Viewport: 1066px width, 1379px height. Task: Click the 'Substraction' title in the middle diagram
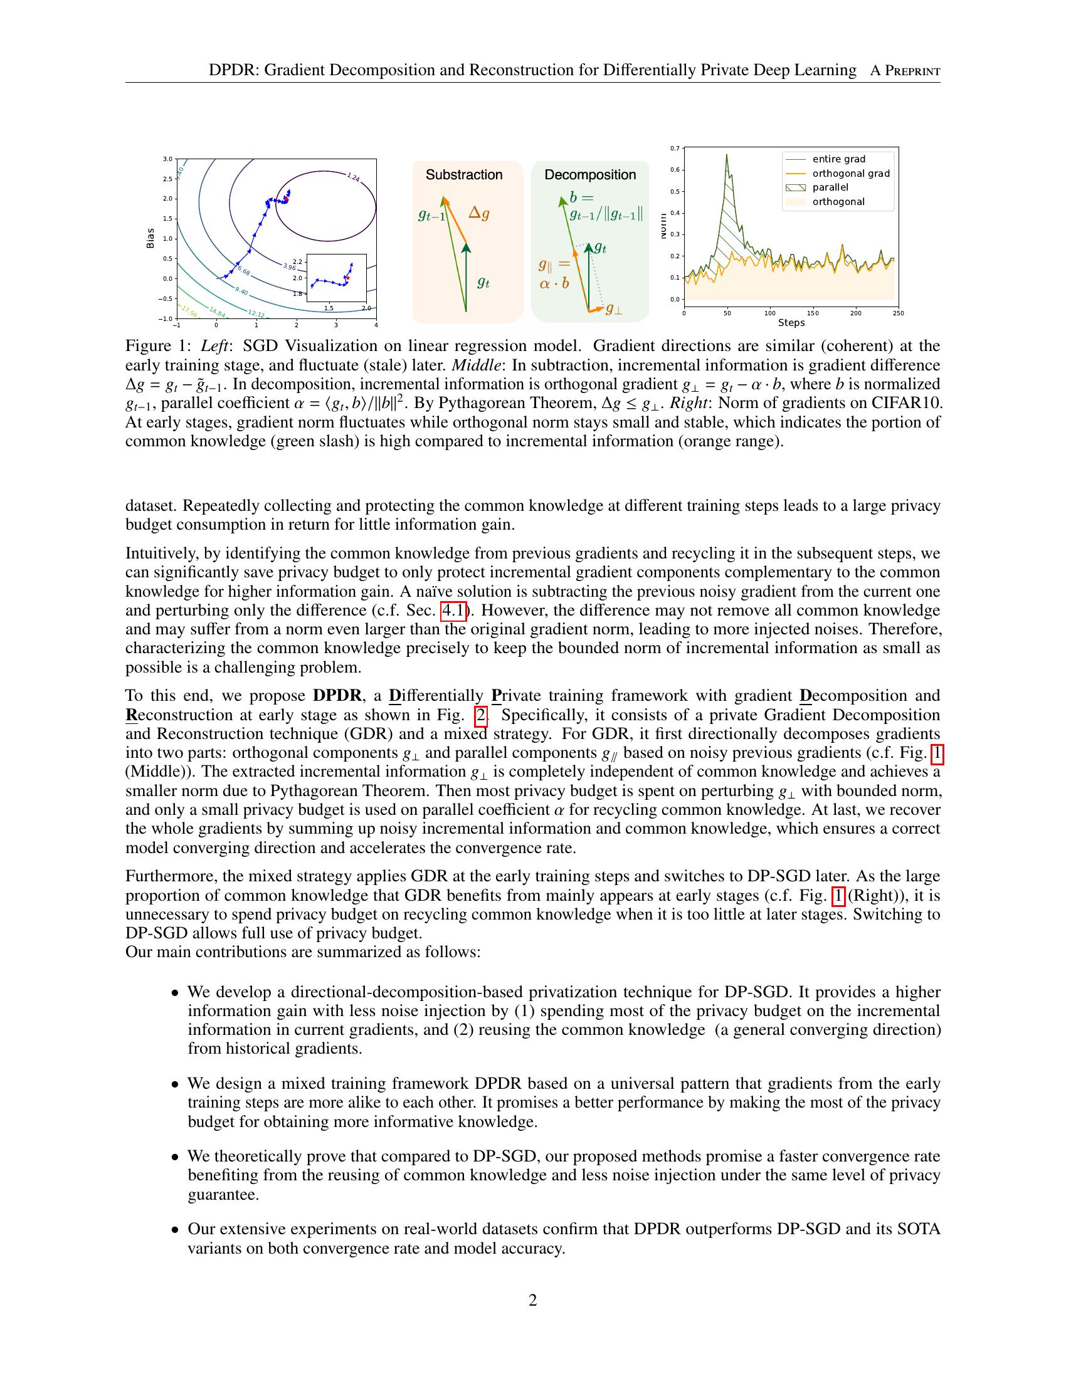463,175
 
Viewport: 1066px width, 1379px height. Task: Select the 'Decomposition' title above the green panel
590,175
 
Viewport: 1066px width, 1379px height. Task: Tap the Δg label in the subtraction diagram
478,213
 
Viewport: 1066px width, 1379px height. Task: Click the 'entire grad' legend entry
838,159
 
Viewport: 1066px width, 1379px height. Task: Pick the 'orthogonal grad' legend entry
851,174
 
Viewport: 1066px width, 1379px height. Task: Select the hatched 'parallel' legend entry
830,187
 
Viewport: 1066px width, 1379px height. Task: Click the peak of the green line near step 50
726,155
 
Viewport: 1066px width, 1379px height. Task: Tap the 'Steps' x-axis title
791,323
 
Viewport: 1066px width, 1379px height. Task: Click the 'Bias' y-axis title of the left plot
150,238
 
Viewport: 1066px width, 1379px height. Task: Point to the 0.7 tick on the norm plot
675,149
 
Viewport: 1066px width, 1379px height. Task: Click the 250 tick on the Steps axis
898,313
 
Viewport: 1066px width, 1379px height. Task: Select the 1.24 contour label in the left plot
354,178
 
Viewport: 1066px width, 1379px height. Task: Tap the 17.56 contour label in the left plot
189,312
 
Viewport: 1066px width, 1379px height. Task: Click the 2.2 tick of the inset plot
298,261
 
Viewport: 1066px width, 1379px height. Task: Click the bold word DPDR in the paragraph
337,696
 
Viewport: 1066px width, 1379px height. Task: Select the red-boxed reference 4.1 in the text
454,611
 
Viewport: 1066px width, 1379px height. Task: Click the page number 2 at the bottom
532,1300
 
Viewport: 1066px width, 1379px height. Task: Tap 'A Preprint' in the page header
905,71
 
